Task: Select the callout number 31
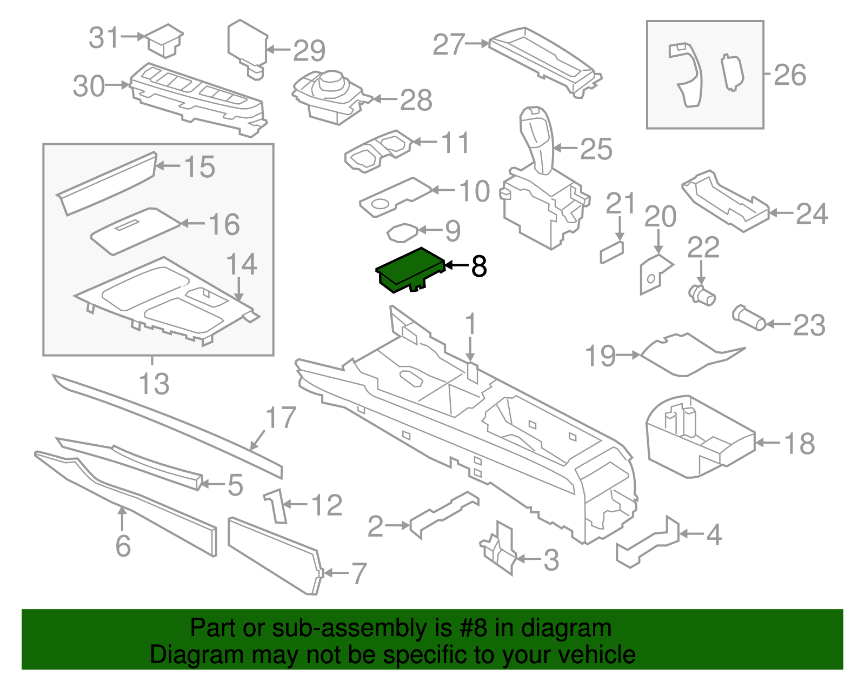pos(103,38)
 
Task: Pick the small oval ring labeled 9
pos(402,232)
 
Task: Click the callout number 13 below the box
pos(154,384)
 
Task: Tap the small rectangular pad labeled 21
pos(611,252)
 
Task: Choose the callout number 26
pos(790,75)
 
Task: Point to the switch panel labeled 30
pos(197,97)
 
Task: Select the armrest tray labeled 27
pos(543,59)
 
